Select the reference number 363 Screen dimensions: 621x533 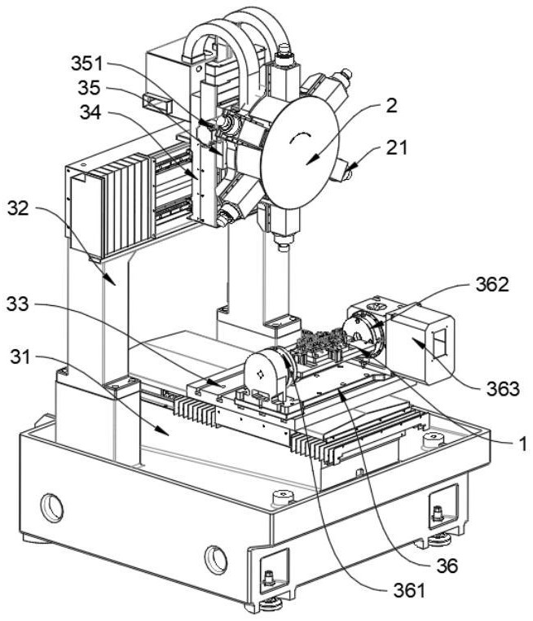coord(506,388)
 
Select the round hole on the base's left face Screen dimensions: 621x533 coord(51,508)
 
